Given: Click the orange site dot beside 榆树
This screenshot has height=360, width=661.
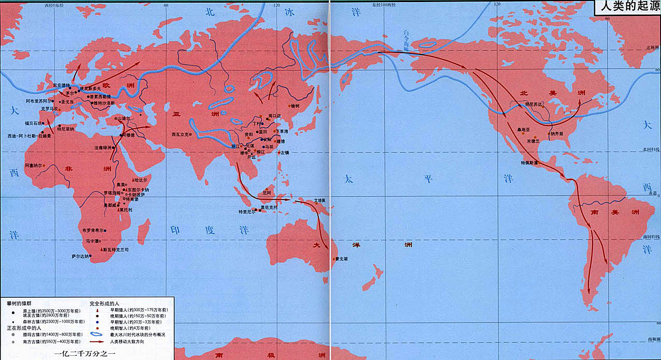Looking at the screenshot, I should [284, 106].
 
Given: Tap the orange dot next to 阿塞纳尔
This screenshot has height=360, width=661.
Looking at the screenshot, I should [44, 165].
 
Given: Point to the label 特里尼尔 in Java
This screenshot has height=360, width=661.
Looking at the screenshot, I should [247, 212].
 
